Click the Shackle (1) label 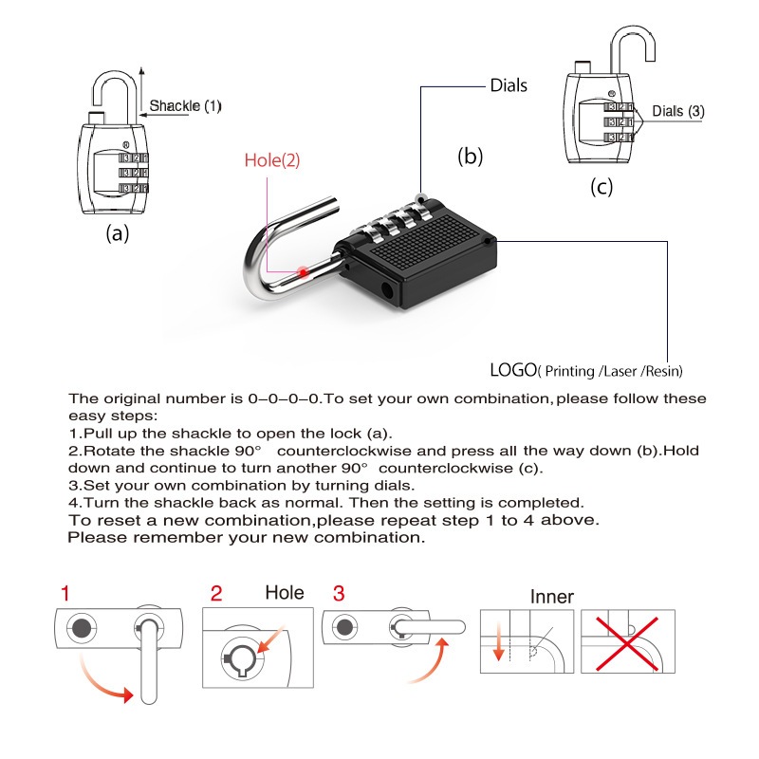point(186,106)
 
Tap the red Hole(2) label point(271,160)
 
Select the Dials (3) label point(678,111)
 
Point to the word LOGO point(513,369)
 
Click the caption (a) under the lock point(117,233)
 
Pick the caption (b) point(472,157)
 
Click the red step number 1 point(65,594)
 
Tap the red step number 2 point(216,595)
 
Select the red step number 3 point(339,594)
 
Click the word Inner point(552,597)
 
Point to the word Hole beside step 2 point(285,593)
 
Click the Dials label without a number point(509,85)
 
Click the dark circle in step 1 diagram point(83,627)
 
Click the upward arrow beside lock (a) point(140,81)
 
